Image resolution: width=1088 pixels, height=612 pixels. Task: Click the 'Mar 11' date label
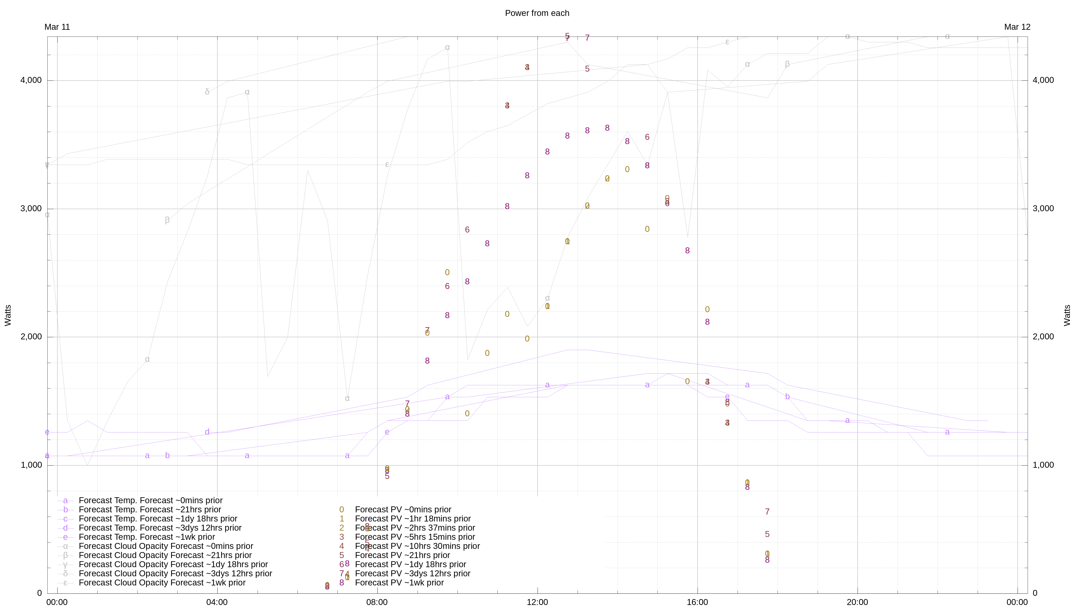point(57,27)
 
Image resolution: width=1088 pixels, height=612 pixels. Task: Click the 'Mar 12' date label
point(1017,27)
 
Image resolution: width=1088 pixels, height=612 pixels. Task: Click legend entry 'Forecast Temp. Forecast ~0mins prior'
point(150,500)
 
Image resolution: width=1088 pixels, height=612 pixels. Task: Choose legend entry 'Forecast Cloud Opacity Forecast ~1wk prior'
point(162,583)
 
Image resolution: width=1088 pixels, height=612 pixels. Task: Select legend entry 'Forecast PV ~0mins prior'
point(403,510)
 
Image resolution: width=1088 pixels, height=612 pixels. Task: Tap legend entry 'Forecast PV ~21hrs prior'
point(402,555)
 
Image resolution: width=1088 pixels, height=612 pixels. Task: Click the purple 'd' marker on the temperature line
point(207,432)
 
